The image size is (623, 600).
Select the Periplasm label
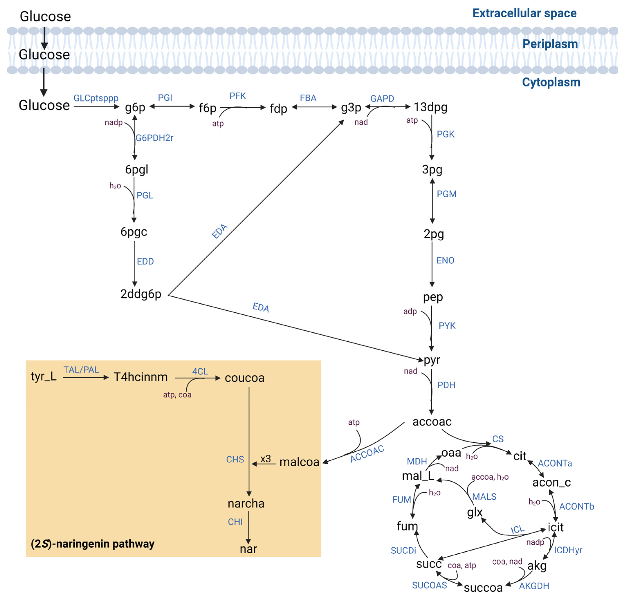pos(550,44)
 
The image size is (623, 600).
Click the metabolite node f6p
pos(207,108)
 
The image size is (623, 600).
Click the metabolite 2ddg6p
pos(140,294)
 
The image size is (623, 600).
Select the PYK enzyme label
pos(447,326)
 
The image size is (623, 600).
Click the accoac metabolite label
pos(432,422)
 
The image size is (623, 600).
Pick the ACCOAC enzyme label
pos(367,454)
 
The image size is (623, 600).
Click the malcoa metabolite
pos(299,462)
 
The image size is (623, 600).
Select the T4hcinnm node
pos(140,377)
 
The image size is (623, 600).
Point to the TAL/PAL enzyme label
pos(81,370)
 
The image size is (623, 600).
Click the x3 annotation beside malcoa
pos(266,459)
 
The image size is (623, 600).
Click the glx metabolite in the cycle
pos(475,512)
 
